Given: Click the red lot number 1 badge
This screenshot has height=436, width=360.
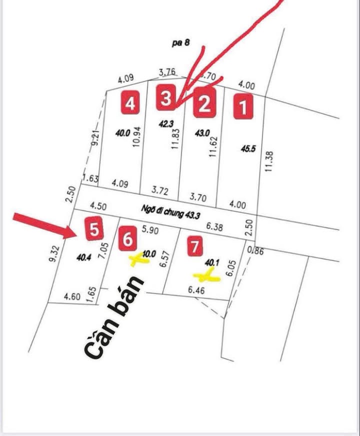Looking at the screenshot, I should coord(243,108).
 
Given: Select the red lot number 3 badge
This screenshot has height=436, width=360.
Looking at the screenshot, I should coord(165,98).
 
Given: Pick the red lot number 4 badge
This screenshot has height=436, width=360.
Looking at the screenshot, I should coord(130,104).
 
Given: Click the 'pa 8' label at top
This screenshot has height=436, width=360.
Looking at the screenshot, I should coord(180,44).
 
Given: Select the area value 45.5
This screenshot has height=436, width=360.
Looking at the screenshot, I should coord(248,149).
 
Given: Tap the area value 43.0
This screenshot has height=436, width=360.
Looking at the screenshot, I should coord(202,134).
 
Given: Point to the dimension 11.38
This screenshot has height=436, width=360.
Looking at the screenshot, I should coord(269,161).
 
